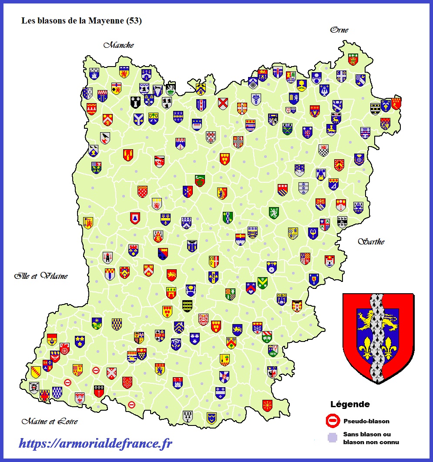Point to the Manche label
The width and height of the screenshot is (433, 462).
118,45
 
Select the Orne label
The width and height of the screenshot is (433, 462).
339,30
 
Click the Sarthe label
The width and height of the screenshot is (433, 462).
371,241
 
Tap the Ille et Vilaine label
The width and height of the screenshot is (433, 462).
41,276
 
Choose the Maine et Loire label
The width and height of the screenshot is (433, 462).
50,421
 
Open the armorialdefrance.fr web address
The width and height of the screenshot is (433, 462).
96,443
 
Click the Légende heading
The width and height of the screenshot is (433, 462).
350,404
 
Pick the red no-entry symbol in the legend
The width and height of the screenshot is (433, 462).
332,421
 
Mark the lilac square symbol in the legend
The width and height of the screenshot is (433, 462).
332,437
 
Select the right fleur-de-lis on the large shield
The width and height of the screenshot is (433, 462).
389,347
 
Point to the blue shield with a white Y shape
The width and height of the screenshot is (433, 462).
139,118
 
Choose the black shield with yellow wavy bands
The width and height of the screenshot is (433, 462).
188,306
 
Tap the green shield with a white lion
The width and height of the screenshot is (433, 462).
273,213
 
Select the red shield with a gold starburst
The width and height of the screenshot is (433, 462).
267,405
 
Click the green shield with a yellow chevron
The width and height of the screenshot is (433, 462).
262,283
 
